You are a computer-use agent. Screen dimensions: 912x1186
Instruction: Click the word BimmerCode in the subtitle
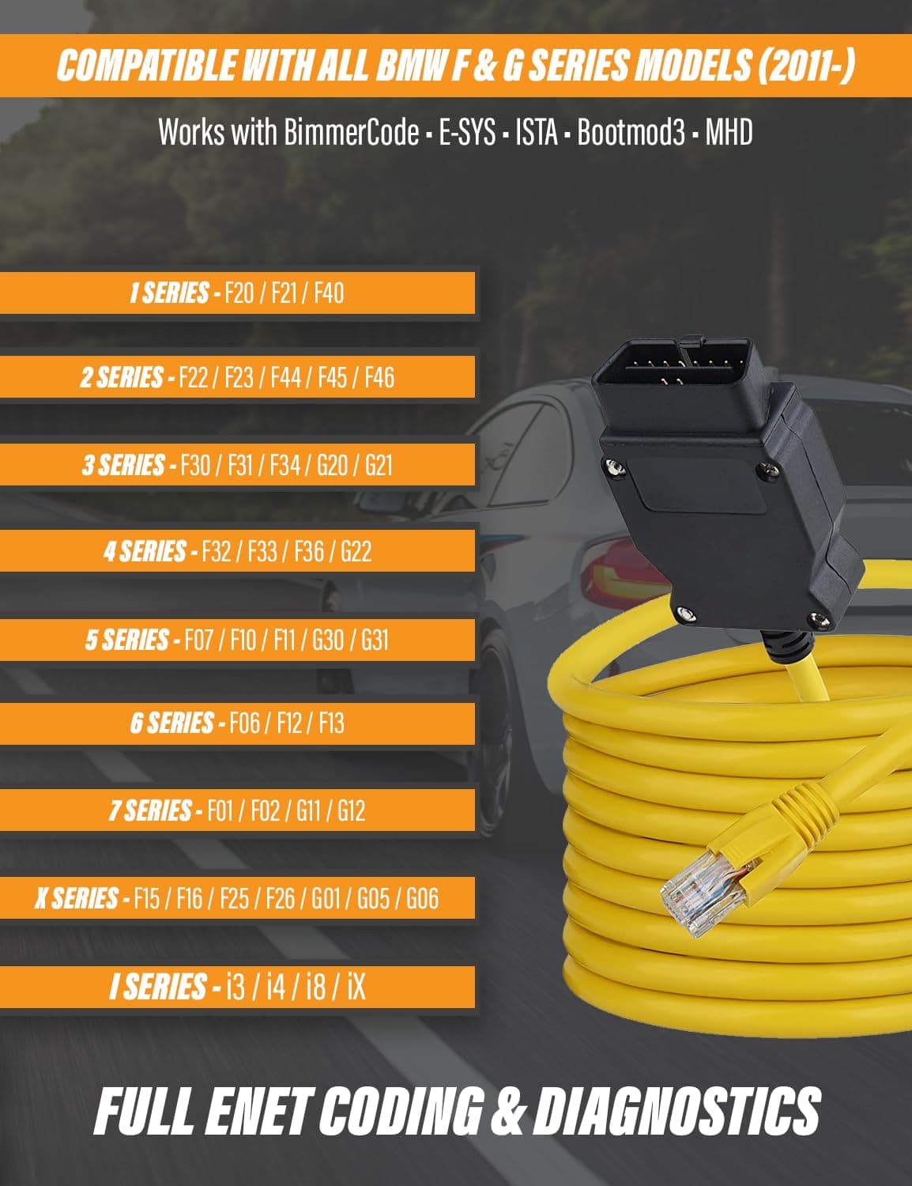[351, 133]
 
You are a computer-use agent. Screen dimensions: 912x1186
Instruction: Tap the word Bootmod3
[631, 133]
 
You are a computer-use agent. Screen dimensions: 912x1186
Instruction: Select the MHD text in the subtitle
[729, 133]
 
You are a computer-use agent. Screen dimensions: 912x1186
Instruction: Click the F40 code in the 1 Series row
[329, 293]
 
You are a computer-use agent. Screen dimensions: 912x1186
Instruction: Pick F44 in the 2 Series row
[286, 378]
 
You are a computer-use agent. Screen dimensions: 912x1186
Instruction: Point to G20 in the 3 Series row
[332, 466]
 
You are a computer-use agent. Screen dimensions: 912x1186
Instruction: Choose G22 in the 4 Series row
[356, 551]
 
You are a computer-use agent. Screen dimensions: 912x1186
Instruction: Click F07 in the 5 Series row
[198, 640]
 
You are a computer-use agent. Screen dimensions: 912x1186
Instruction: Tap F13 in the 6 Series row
[332, 723]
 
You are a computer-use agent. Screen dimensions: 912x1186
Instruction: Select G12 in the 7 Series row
[351, 810]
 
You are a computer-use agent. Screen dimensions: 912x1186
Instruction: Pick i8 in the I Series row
[316, 987]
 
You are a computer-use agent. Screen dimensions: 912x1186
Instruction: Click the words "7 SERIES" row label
[150, 810]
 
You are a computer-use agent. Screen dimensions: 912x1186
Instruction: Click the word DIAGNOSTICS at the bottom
[677, 1112]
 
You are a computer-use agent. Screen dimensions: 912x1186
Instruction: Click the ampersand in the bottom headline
[509, 1112]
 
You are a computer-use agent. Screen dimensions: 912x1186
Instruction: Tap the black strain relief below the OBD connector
[790, 647]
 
